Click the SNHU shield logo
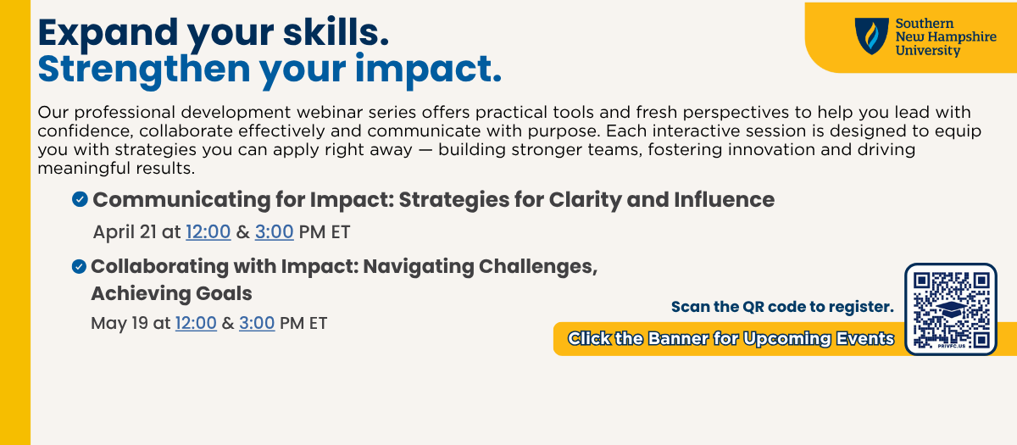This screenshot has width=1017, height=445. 872,36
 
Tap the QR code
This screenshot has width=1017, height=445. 951,309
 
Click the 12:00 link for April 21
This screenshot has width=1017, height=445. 208,232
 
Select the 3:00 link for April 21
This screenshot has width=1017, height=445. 275,232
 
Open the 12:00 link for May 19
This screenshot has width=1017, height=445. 196,323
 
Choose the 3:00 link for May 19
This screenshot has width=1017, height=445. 257,323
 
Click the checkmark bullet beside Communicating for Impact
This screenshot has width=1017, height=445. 80,199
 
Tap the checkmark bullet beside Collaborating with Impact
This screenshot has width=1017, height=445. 79,266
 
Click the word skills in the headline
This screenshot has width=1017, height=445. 336,33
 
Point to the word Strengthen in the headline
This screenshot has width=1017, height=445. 144,70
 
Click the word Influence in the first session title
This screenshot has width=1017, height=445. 724,199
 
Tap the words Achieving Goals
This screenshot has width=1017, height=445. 171,293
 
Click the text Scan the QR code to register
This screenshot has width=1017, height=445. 782,307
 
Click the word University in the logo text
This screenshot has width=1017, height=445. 927,50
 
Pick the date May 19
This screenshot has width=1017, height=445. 119,323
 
